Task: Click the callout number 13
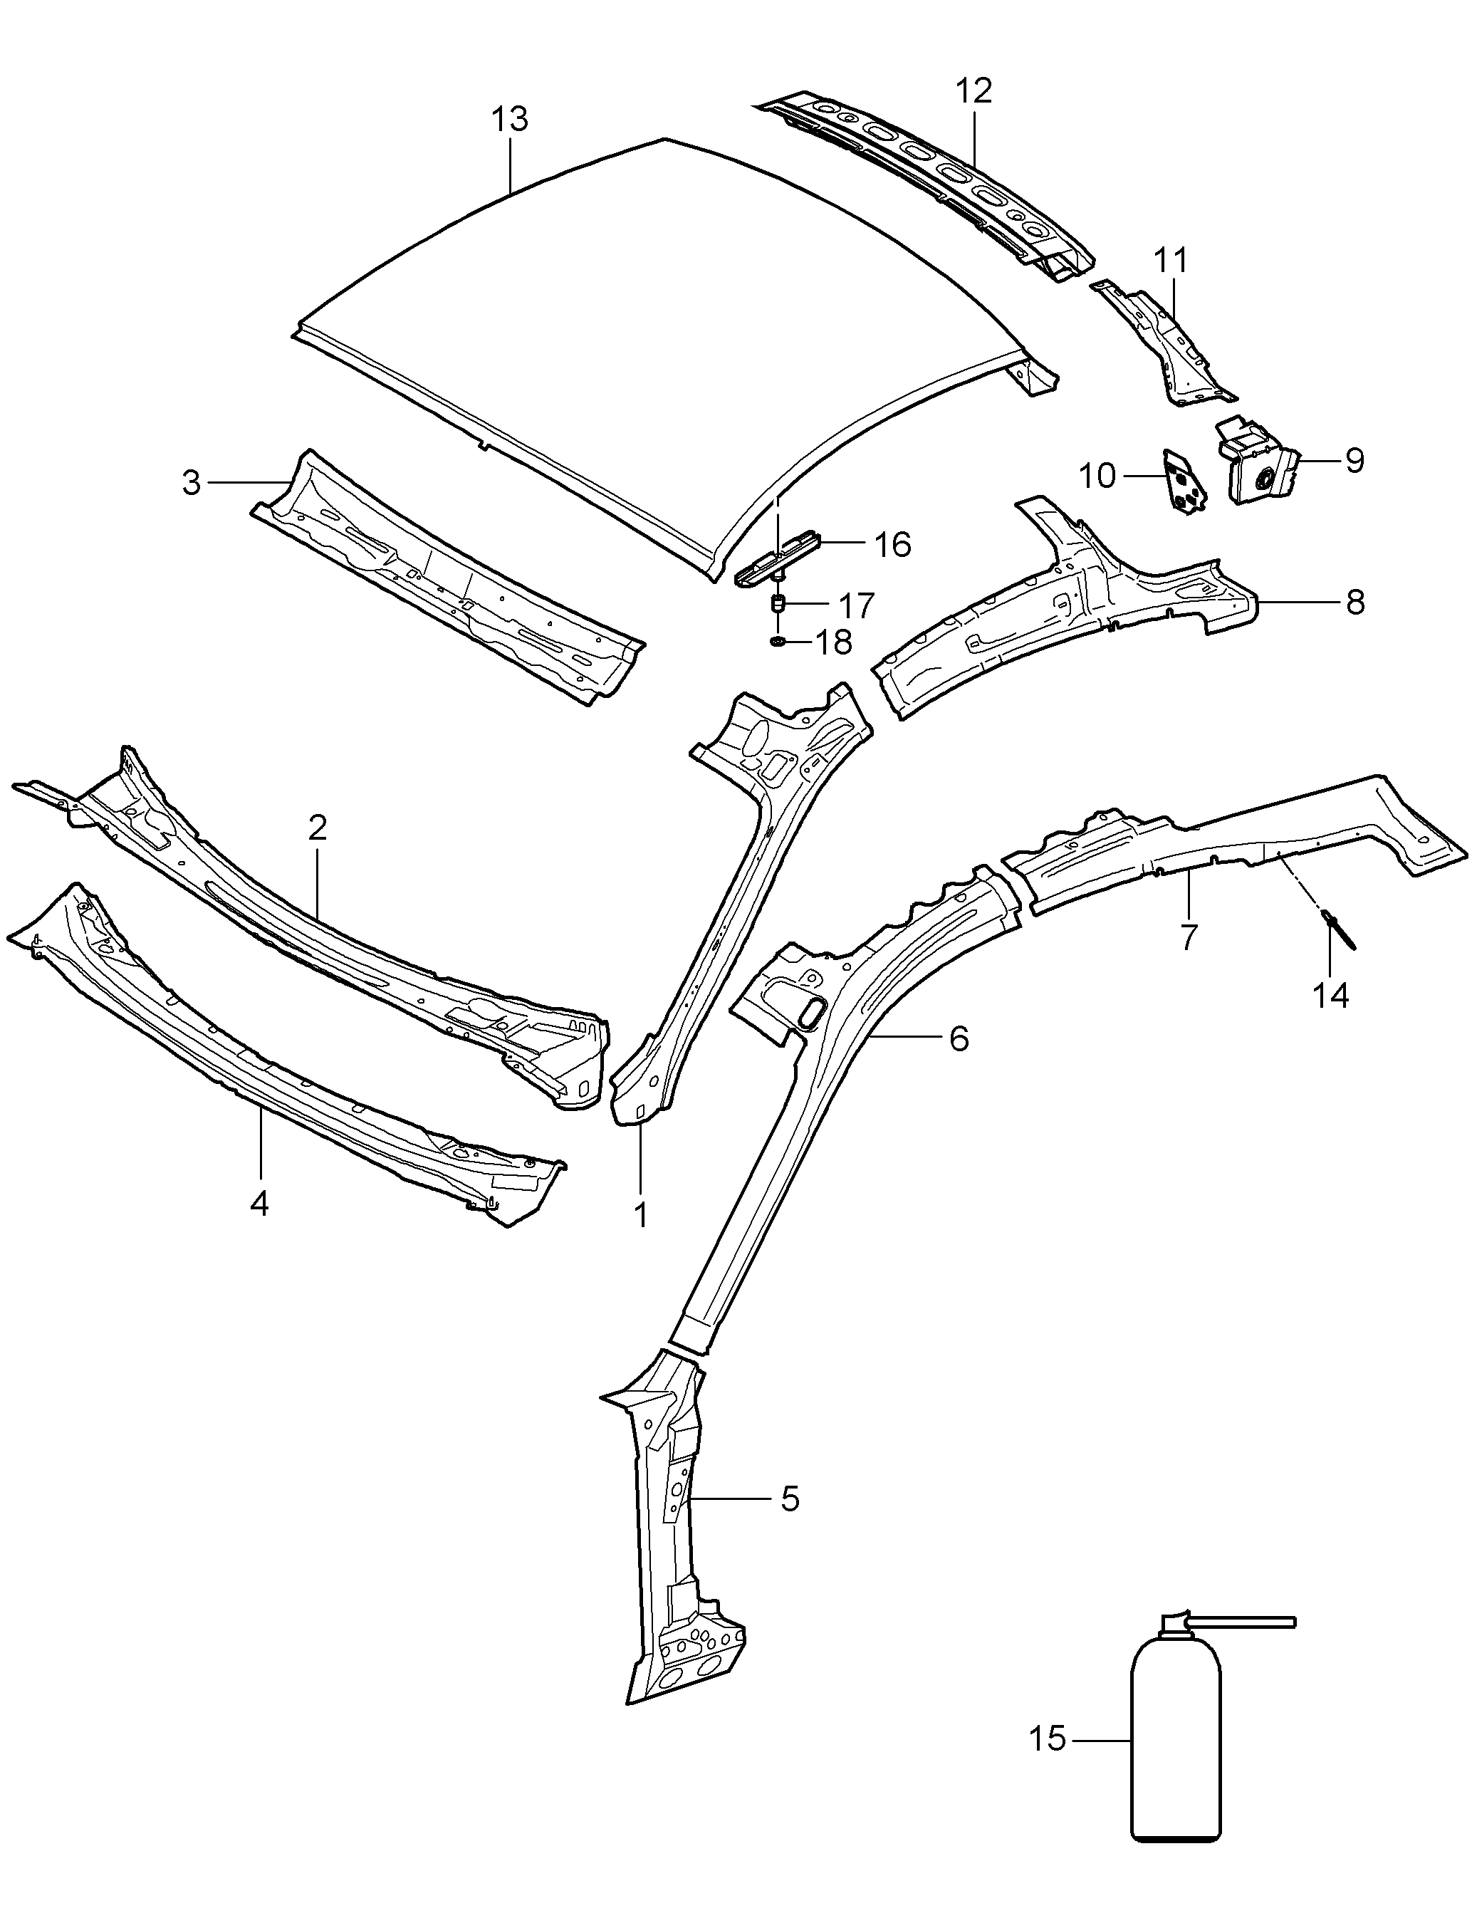tap(510, 119)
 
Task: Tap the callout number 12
tap(973, 91)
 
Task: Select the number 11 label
tap(1171, 260)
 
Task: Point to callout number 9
tap(1354, 460)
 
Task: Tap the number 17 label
tap(857, 605)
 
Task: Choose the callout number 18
tap(832, 643)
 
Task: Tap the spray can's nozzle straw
tap(1243, 1622)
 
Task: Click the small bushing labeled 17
tap(777, 603)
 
